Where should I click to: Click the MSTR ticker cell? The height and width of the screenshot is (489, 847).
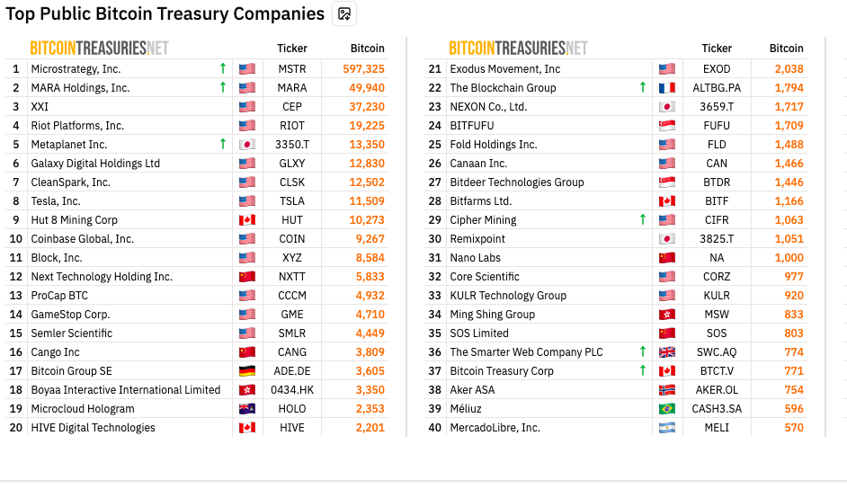292,69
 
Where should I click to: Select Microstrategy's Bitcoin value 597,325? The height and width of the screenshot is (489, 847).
363,69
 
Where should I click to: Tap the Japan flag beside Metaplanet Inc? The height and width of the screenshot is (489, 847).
247,145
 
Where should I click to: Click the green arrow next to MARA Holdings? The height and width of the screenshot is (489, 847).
222,88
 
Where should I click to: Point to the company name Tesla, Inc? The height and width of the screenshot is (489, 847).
56,201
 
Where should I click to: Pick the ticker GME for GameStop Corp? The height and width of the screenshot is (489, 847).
292,315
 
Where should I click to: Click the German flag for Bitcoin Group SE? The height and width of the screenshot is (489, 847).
247,371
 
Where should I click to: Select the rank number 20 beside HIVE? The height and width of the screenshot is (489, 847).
15,428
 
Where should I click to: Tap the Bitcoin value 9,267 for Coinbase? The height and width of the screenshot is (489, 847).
369,239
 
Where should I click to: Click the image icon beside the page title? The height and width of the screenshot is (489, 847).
344,13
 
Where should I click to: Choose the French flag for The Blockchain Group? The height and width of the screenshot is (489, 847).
666,88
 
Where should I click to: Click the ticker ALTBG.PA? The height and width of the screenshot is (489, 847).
717,88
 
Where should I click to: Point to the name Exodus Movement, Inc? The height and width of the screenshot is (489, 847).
504,69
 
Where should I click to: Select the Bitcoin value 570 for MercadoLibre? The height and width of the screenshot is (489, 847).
793,428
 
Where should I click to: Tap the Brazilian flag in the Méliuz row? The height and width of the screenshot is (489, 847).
666,409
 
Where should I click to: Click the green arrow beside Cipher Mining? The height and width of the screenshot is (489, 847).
642,220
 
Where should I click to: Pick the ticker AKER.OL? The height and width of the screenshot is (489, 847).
717,390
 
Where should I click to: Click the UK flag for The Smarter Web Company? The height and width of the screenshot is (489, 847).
666,352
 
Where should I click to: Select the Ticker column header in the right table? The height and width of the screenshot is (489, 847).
717,49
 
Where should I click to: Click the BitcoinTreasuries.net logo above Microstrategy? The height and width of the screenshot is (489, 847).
99,49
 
